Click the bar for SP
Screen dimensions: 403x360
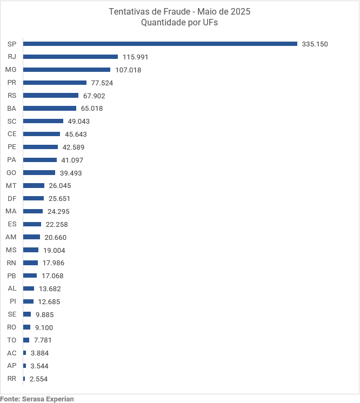[x=160, y=44]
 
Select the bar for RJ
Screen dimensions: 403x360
[x=70, y=57]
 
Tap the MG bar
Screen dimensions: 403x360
[x=66, y=70]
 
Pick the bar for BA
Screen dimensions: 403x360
[x=50, y=108]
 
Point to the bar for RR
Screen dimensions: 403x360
[x=24, y=379]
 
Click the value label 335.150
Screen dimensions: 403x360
[x=315, y=44]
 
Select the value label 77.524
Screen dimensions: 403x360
[x=102, y=83]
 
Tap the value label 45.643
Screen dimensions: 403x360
[x=76, y=134]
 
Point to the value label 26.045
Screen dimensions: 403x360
[x=60, y=186]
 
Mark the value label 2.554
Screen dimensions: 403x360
[x=39, y=379]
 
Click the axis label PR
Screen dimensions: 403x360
[x=12, y=83]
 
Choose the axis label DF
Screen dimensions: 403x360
[x=12, y=198]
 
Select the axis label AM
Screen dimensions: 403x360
[x=11, y=237]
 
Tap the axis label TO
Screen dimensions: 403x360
[x=12, y=340]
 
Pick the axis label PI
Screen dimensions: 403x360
[x=13, y=301]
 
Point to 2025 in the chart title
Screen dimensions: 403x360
[x=239, y=12]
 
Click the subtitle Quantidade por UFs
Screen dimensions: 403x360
[x=179, y=23]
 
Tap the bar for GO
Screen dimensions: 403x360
[x=39, y=173]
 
